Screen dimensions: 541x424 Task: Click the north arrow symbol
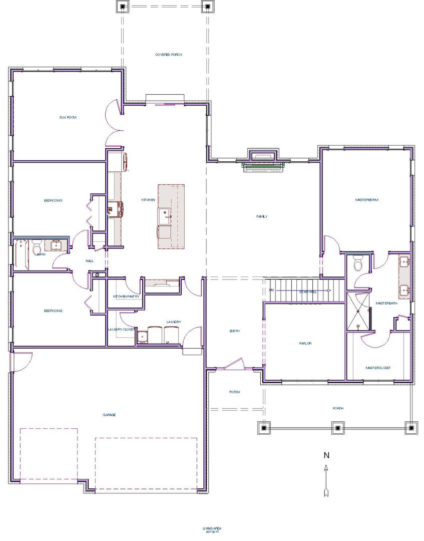[326, 480]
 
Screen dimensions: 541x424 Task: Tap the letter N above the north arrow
[326, 455]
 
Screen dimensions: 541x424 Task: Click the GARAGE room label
[109, 414]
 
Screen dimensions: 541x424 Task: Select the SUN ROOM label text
[68, 117]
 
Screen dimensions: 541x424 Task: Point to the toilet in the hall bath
[37, 247]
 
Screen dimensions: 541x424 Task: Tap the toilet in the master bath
[358, 263]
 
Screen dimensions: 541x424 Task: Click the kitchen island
[171, 216]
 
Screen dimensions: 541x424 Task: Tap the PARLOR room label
[305, 343]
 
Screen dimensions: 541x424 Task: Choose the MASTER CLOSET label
[378, 368]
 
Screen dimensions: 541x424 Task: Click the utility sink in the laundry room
[143, 336]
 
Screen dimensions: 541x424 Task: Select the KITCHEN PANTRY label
[126, 297]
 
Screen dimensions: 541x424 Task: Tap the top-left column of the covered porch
[123, 7]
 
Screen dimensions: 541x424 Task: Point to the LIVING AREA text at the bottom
[212, 528]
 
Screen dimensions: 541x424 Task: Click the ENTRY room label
[235, 331]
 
